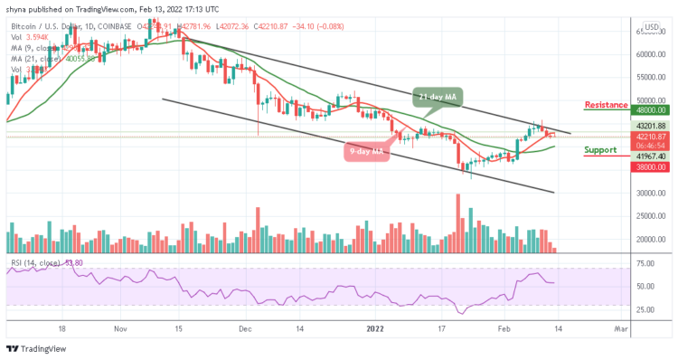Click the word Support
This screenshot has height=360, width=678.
[x=601, y=149]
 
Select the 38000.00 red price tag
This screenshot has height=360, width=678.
[x=650, y=166]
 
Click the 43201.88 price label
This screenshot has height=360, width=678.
[x=650, y=125]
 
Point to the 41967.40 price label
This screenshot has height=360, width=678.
[x=650, y=156]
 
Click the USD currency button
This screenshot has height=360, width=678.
[x=650, y=26]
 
